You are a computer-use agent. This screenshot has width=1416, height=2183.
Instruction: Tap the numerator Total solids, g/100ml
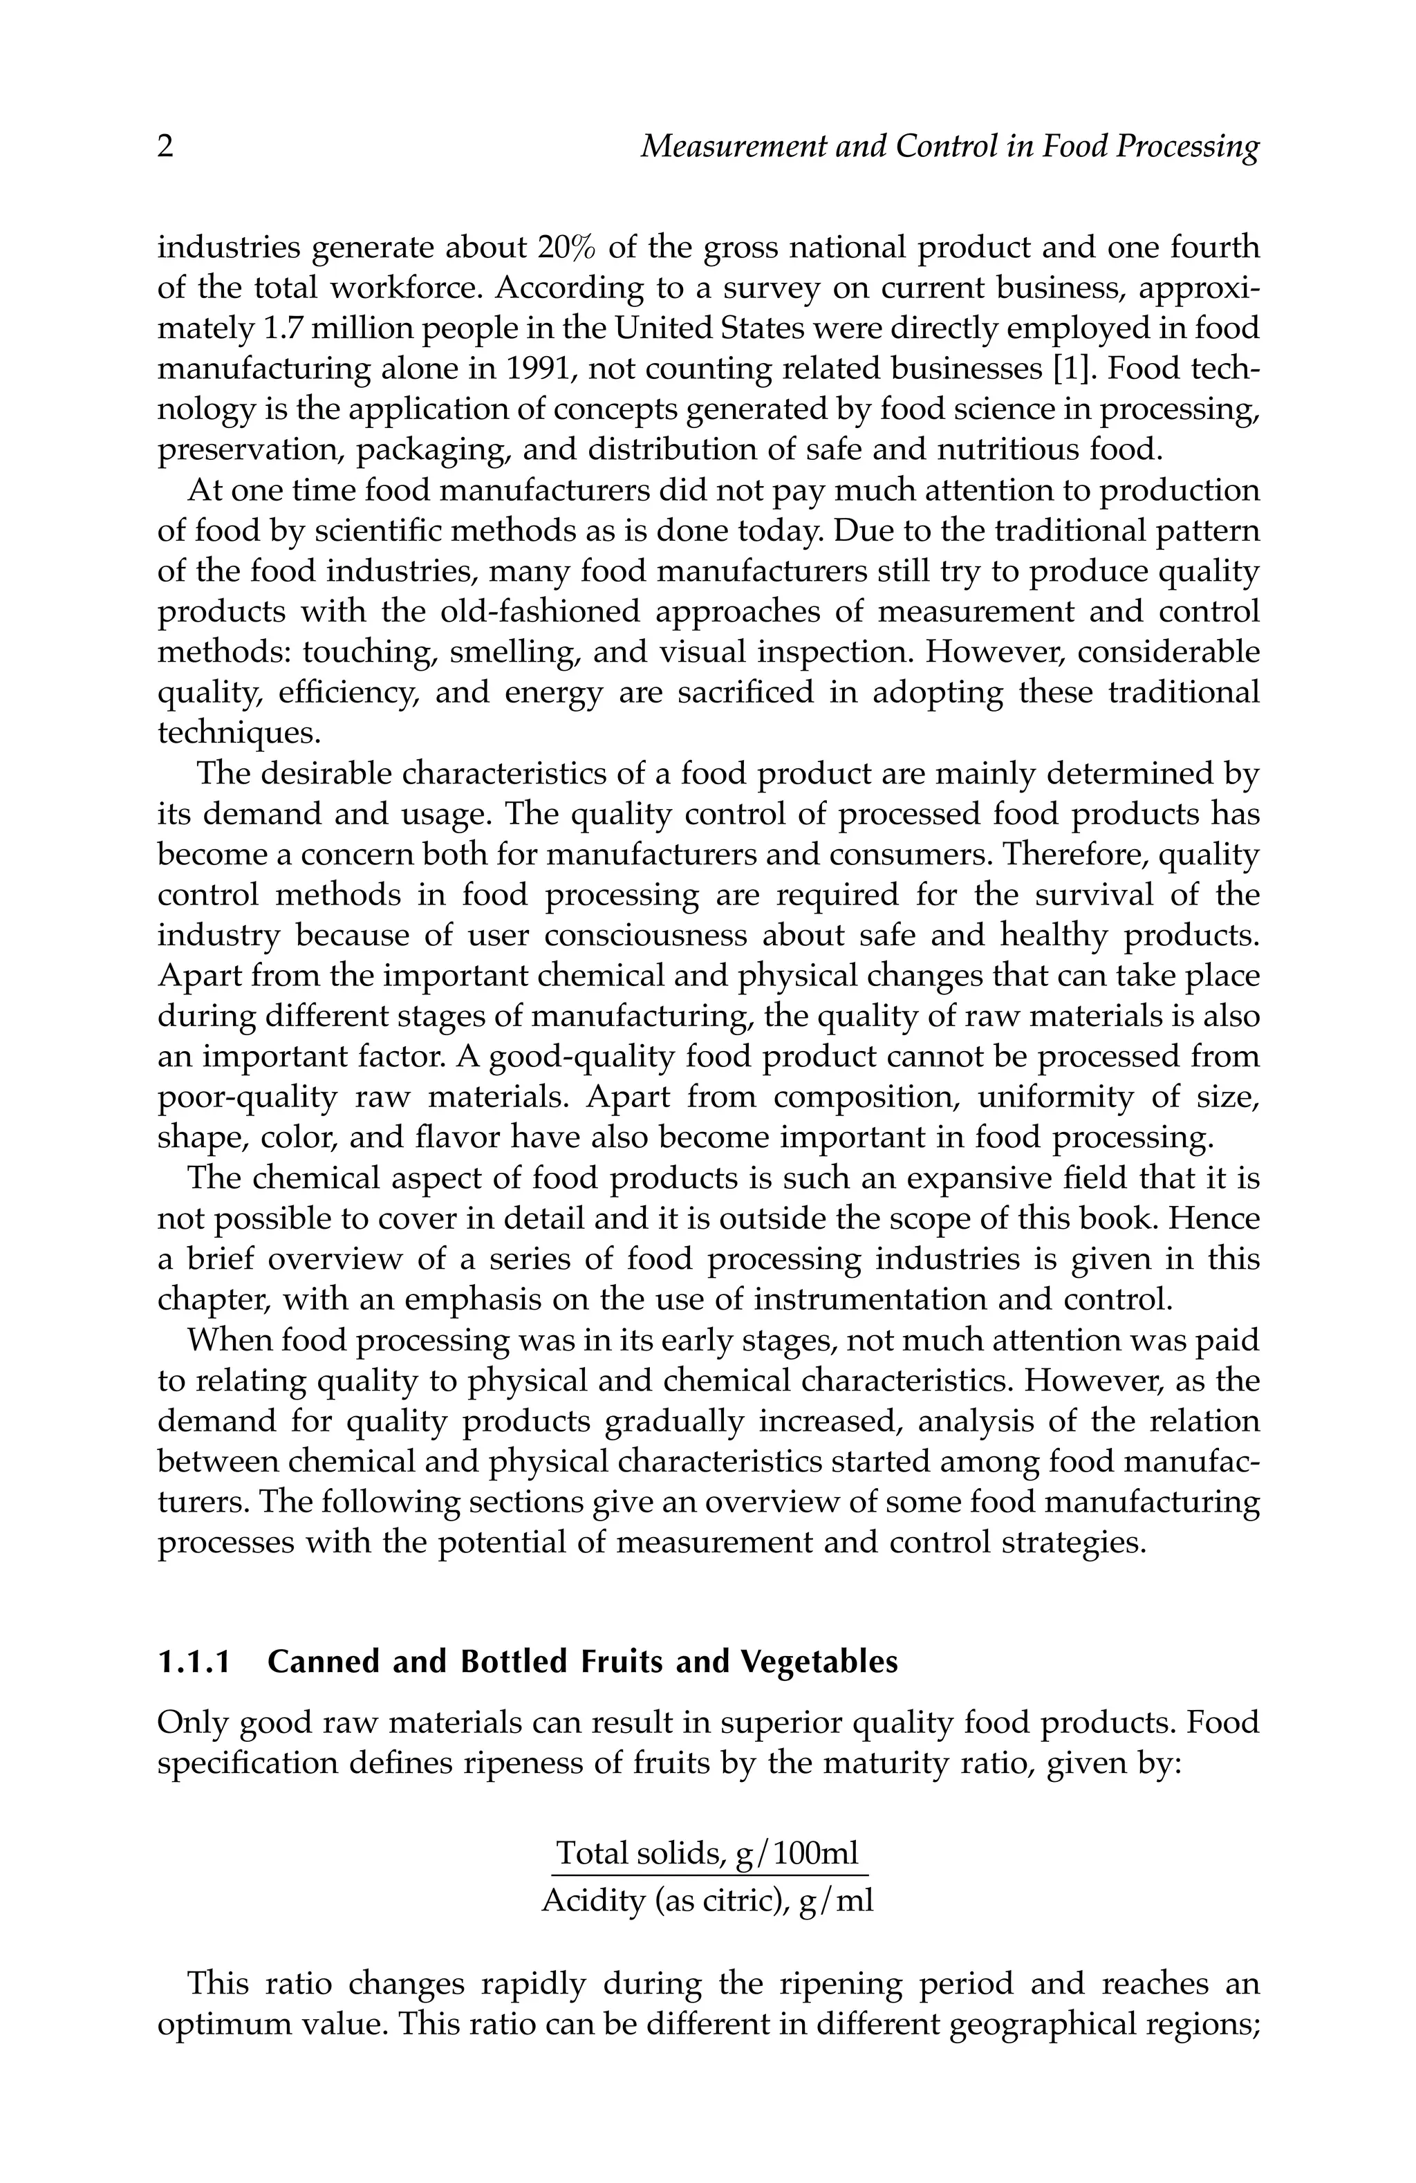[x=708, y=1854]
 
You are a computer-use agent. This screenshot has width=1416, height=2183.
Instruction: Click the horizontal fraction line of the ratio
[x=708, y=1875]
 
